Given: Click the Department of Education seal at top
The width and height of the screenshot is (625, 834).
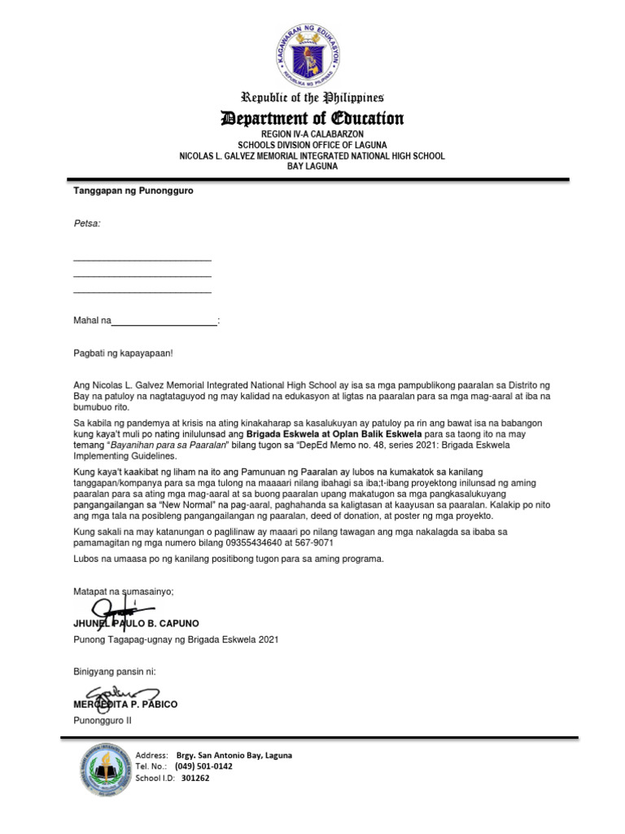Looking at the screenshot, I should tap(312, 53).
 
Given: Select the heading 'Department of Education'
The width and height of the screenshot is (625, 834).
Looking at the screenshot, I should tap(312, 119).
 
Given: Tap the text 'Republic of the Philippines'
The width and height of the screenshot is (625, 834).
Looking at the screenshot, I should tap(312, 98).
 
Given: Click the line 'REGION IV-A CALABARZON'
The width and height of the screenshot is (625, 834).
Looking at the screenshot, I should tap(312, 133).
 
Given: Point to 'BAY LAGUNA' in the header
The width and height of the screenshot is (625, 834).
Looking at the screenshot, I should tap(312, 166).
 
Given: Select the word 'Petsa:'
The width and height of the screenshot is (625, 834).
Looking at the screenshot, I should tap(87, 222).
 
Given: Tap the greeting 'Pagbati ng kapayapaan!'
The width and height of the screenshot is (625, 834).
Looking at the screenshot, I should tap(123, 353).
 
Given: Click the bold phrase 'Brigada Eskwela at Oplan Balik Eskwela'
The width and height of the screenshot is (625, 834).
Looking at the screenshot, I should tap(334, 434).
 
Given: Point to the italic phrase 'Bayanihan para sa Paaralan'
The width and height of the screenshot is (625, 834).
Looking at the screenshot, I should tap(168, 446).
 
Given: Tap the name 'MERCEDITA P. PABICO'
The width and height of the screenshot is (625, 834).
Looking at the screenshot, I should tap(125, 704).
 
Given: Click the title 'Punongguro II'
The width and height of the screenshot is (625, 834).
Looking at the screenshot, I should tap(103, 721).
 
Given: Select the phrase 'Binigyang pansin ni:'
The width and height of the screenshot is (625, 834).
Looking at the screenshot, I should tap(114, 672).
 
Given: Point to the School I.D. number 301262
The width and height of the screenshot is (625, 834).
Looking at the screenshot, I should tap(195, 778).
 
